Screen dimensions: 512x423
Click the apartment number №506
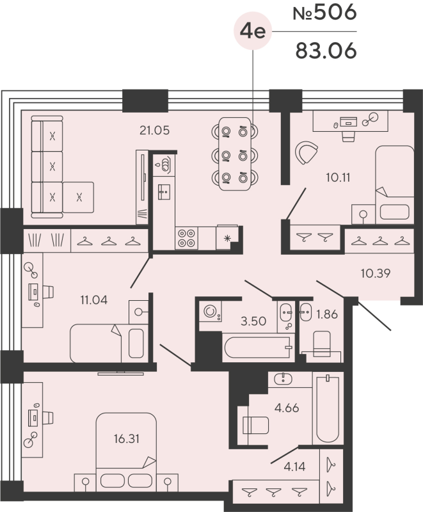tap(324, 13)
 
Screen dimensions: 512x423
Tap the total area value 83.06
tap(325, 50)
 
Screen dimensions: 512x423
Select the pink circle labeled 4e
tap(252, 31)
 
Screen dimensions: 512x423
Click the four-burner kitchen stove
tap(186, 238)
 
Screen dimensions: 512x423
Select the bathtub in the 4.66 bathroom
tap(326, 410)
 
